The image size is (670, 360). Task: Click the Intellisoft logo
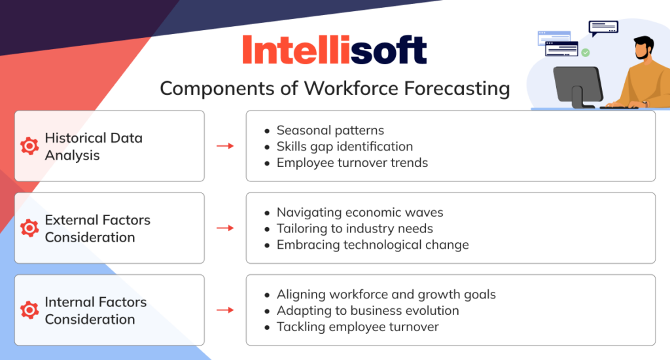pyautogui.click(x=334, y=50)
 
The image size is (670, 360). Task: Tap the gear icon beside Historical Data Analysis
pyautogui.click(x=29, y=146)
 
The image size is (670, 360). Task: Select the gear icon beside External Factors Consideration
pyautogui.click(x=29, y=228)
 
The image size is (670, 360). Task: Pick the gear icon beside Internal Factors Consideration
pyautogui.click(x=29, y=310)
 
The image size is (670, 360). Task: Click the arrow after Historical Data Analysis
pyautogui.click(x=225, y=146)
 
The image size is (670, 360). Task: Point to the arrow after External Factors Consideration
pyautogui.click(x=225, y=228)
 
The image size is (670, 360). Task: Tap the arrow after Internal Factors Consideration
pyautogui.click(x=225, y=310)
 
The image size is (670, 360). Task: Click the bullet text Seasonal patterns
pyautogui.click(x=330, y=130)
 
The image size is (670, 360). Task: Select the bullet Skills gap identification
pyautogui.click(x=344, y=146)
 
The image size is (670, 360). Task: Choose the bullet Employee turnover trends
pyautogui.click(x=352, y=162)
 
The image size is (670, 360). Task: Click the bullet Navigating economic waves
pyautogui.click(x=360, y=212)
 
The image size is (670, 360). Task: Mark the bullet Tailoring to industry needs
pyautogui.click(x=355, y=228)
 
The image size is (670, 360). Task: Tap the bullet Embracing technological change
pyautogui.click(x=372, y=245)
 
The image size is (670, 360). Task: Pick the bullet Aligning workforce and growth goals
pyautogui.click(x=386, y=294)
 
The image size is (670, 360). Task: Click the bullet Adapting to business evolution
pyautogui.click(x=368, y=310)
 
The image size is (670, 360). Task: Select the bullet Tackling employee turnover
pyautogui.click(x=357, y=327)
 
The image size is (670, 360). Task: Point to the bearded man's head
pyautogui.click(x=644, y=49)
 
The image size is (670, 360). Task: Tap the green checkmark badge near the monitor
pyautogui.click(x=586, y=52)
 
